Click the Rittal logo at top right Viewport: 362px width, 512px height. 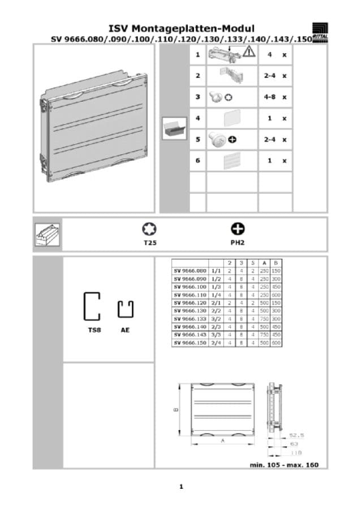[320, 32]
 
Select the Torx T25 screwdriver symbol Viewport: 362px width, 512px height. [149, 229]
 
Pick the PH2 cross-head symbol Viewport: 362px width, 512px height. [238, 229]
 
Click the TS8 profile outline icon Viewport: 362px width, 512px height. [92, 307]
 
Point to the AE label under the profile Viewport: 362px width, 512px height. [125, 329]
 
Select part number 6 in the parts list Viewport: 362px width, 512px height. [197, 160]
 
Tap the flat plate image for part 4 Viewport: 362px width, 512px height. [232, 119]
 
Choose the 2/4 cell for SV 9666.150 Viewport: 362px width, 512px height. [216, 343]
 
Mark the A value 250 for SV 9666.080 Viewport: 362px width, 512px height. [264, 271]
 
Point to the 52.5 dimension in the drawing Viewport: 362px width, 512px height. [297, 435]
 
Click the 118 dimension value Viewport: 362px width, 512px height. [295, 453]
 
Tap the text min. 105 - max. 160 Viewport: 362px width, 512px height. [285, 465]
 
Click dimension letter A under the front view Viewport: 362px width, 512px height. [223, 439]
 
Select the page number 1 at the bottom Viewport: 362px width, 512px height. [181, 487]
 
